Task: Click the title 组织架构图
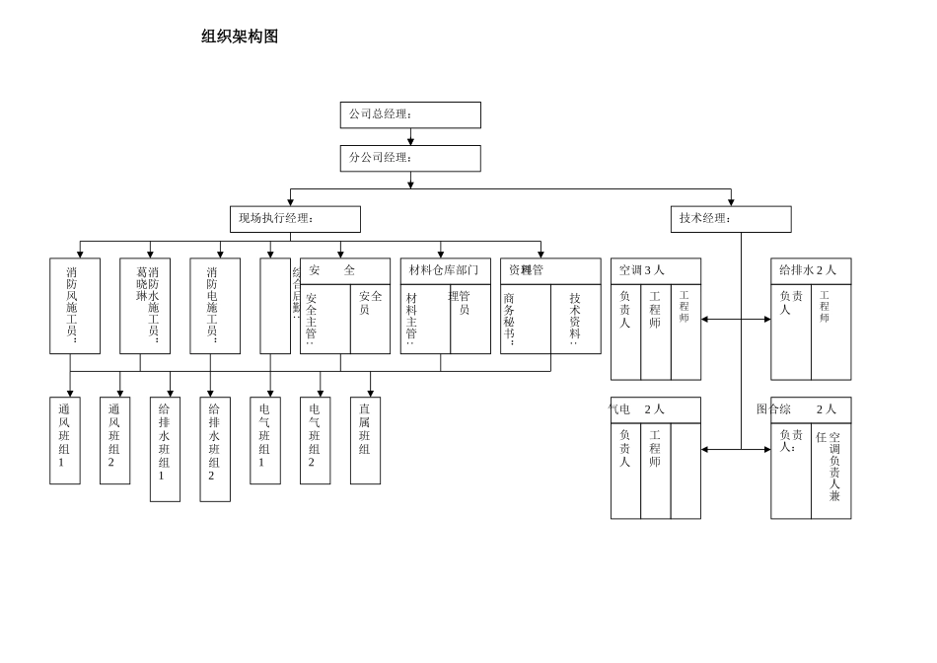click(x=240, y=37)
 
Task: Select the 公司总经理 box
click(x=410, y=114)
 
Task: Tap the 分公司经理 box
click(x=410, y=158)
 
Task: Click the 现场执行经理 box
click(x=295, y=219)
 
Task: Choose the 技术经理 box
click(x=730, y=219)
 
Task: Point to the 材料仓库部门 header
click(x=445, y=270)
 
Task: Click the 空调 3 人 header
click(x=655, y=270)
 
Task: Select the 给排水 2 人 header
click(x=810, y=270)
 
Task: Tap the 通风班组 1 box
click(x=65, y=440)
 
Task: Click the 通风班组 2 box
click(x=114, y=440)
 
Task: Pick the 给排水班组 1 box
click(x=165, y=449)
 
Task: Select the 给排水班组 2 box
click(x=215, y=449)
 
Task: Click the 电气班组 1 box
click(x=265, y=440)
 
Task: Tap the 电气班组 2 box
click(x=315, y=440)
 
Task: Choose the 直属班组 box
click(x=365, y=440)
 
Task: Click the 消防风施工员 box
click(x=75, y=306)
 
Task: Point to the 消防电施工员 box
click(x=215, y=306)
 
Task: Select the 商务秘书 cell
click(x=525, y=319)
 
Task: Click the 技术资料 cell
click(x=576, y=319)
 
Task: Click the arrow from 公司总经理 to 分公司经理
click(x=410, y=137)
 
